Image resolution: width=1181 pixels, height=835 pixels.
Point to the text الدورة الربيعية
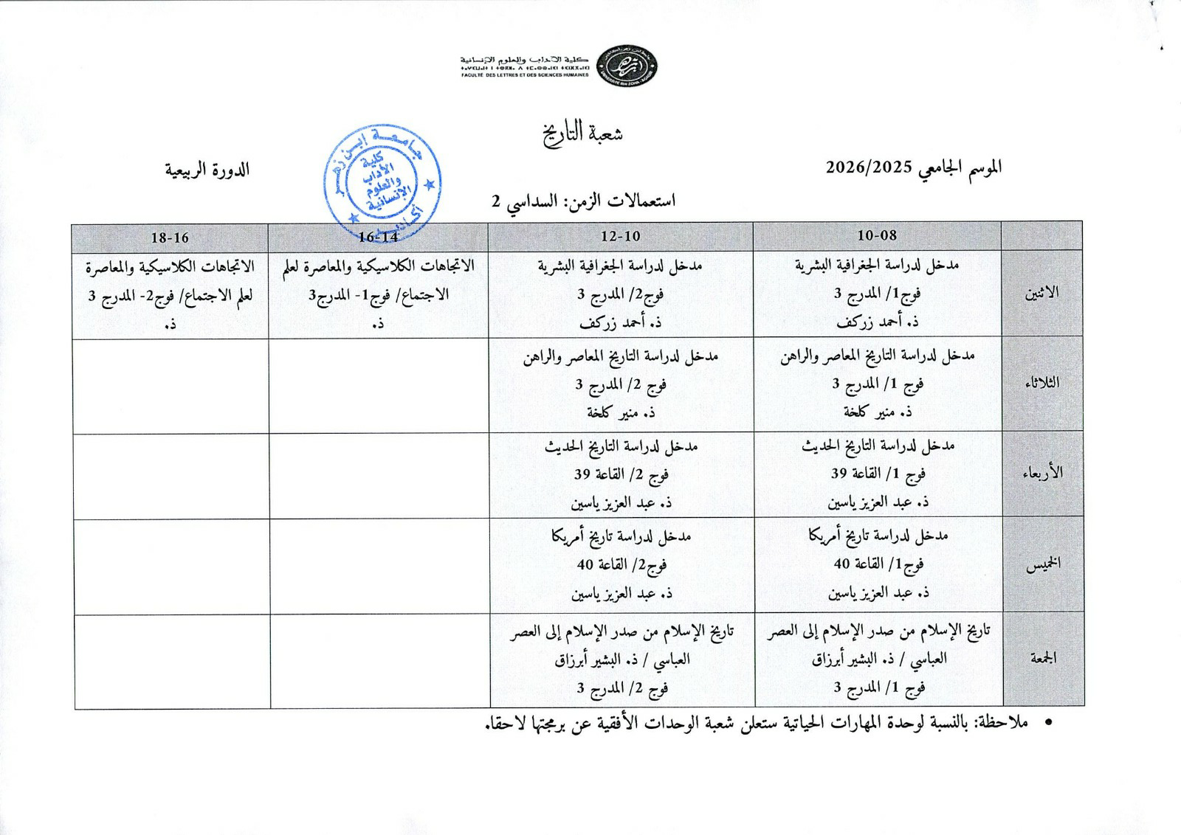click(207, 170)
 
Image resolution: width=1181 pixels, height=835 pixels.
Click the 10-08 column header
click(877, 236)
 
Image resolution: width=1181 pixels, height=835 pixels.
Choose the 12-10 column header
click(621, 237)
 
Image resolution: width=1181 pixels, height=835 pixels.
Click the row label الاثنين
click(1042, 293)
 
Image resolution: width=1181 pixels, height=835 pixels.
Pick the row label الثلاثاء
click(1042, 383)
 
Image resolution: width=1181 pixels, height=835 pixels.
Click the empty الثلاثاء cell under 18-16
click(171, 386)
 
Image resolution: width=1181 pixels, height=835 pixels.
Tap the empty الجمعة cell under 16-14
click(379, 661)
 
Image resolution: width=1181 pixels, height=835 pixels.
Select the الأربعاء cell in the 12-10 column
click(621, 475)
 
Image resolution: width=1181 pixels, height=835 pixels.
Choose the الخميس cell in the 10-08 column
click(878, 564)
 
